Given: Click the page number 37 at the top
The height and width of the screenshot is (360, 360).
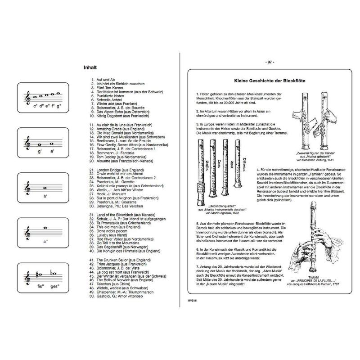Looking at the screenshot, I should (x=270, y=62).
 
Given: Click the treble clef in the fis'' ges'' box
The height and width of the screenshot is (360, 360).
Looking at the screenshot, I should (x=28, y=278).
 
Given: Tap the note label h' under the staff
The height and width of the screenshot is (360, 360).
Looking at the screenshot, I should (x=45, y=197).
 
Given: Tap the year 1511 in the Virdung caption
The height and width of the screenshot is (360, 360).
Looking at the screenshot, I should (x=332, y=160).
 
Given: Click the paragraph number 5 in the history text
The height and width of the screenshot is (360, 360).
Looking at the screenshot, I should (x=197, y=223).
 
